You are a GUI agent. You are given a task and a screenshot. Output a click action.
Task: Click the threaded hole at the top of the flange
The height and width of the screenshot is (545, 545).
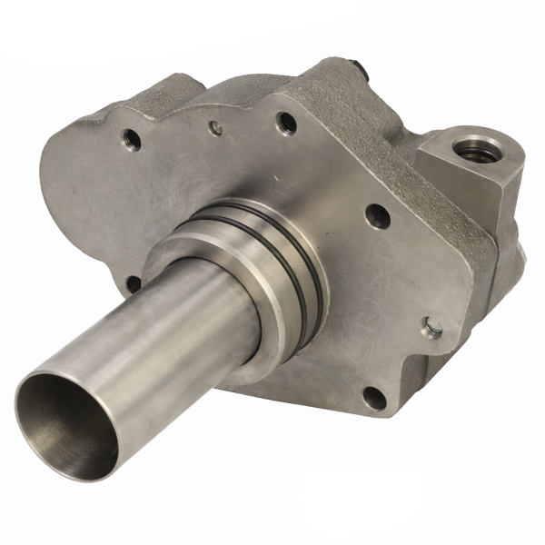tap(283, 119)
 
